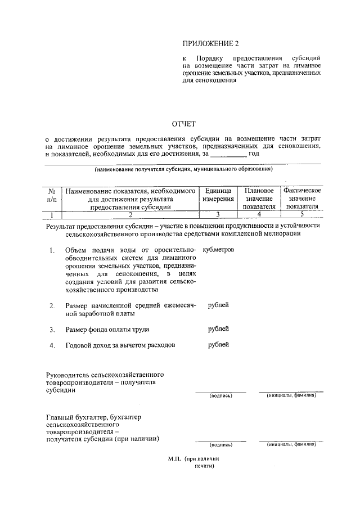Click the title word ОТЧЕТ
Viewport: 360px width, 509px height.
(x=183, y=124)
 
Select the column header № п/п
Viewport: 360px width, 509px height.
(x=52, y=195)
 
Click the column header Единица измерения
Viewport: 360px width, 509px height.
(x=218, y=195)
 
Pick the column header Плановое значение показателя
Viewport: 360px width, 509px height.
(x=259, y=199)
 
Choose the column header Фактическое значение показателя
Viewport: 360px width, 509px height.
(x=301, y=199)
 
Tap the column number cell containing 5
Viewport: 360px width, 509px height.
(x=301, y=214)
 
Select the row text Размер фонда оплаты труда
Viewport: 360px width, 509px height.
(x=107, y=330)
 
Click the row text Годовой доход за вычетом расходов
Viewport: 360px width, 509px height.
(x=121, y=345)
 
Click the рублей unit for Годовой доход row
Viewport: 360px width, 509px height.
(x=218, y=344)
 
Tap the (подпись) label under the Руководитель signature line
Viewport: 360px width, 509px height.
(x=221, y=395)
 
